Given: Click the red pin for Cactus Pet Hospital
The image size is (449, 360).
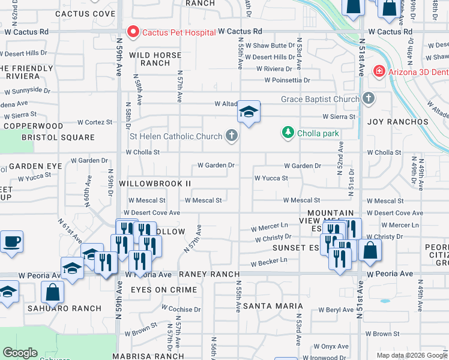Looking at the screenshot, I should (131, 30).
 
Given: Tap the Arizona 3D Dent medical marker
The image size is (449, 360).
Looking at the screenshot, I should (379, 71).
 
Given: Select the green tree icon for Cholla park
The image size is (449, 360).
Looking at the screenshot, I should (288, 133).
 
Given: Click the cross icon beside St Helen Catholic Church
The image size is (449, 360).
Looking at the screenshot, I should (231, 136).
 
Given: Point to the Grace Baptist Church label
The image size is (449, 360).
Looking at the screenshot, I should (320, 99).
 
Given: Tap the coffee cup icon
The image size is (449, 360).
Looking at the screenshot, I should (11, 242).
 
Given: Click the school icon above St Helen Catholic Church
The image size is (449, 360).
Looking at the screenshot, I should (248, 112).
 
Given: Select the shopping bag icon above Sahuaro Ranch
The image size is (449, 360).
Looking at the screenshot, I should (52, 292).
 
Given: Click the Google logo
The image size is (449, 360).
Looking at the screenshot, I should (20, 353).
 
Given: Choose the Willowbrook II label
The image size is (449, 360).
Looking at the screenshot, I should (155, 183).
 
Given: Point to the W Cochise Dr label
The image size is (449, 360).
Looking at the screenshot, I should (179, 310).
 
